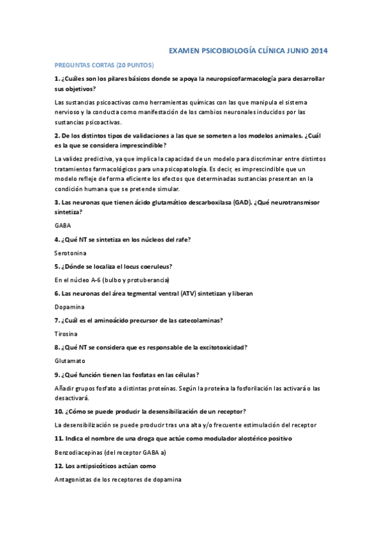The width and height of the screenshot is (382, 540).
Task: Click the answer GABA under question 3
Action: pos(63,225)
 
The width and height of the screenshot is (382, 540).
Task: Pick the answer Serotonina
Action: pos(71,253)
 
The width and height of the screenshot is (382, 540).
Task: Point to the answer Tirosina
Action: pos(66,334)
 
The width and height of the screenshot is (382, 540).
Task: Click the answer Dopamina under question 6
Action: pos(69,307)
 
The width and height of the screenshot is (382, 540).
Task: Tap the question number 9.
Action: pos(57,374)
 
